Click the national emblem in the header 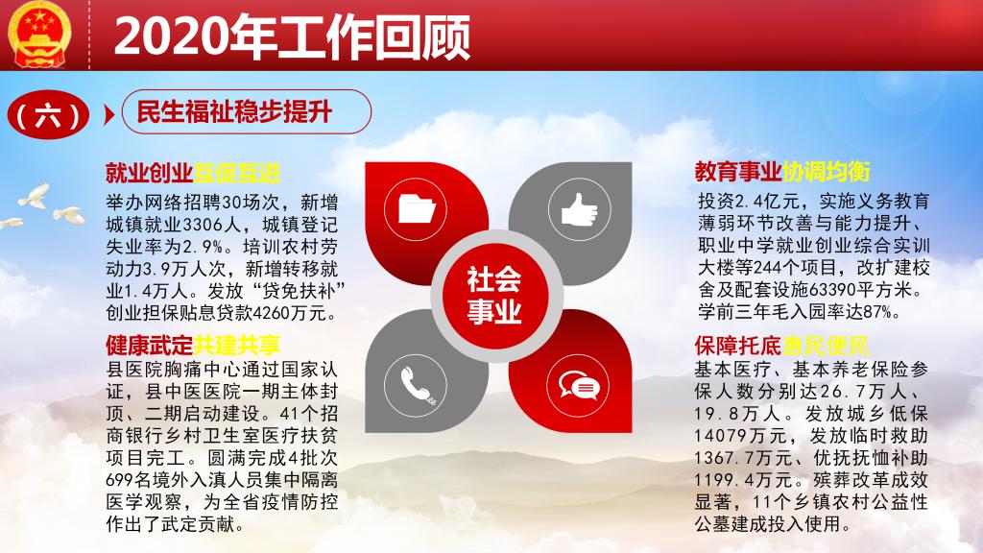tap(39, 34)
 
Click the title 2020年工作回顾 tap(292, 37)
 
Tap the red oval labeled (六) tap(48, 115)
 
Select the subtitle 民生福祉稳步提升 tap(234, 112)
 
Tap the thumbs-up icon tap(579, 208)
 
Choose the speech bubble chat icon tap(579, 385)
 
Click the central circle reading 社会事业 tap(494, 296)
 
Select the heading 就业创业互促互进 tap(192, 173)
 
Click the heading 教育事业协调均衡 tap(781, 172)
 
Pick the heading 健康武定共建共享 tap(192, 345)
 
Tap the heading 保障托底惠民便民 tap(781, 346)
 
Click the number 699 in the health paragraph tap(119, 480)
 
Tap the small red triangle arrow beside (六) tap(109, 115)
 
